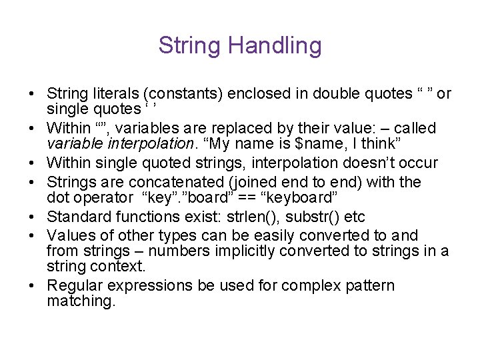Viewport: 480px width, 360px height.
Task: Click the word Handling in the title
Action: (x=275, y=46)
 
